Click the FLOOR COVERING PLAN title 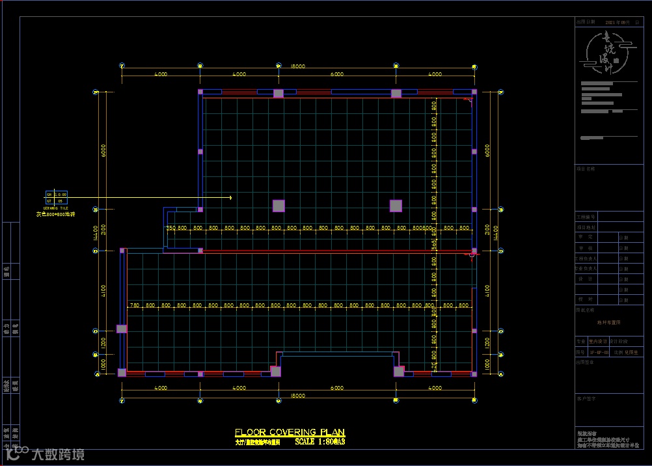pyautogui.click(x=290, y=432)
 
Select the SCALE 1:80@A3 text pyautogui.click(x=319, y=441)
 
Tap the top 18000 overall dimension pyautogui.click(x=298, y=66)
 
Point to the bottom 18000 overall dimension pyautogui.click(x=298, y=395)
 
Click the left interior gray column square pyautogui.click(x=278, y=206)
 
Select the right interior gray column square pyautogui.click(x=396, y=206)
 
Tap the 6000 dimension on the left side pyautogui.click(x=103, y=150)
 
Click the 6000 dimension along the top pyautogui.click(x=337, y=75)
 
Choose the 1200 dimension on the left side pyautogui.click(x=103, y=341)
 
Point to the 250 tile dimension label pyautogui.click(x=171, y=228)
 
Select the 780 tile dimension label pyautogui.click(x=134, y=305)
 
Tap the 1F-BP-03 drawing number pyautogui.click(x=598, y=352)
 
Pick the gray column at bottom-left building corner pyautogui.click(x=122, y=372)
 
